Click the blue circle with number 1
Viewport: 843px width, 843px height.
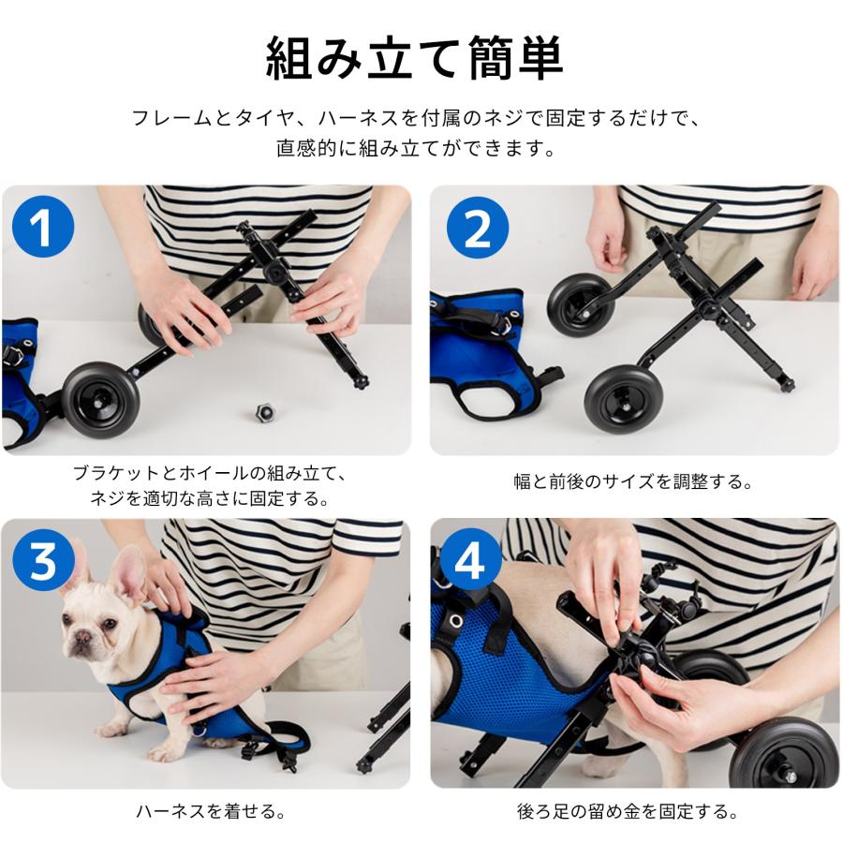coord(43,227)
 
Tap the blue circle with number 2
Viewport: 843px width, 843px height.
coord(478,228)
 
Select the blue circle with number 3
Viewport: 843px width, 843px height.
coord(43,560)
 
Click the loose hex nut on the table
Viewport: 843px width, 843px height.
coord(264,412)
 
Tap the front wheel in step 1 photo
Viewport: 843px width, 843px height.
coord(100,401)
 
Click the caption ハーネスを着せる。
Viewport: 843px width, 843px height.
coord(211,812)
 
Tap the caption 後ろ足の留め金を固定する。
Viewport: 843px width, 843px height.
coord(628,812)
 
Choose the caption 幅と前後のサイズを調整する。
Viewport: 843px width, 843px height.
coord(634,481)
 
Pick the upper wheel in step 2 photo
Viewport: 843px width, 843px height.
coord(580,304)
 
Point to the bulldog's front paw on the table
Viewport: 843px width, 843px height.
coord(159,751)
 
